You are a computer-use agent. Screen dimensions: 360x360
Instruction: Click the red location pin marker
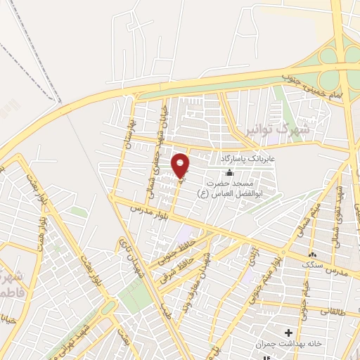coord(181,165)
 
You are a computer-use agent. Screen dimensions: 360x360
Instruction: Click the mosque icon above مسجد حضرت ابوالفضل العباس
coord(230,172)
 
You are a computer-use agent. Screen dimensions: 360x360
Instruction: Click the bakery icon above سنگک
coord(312,254)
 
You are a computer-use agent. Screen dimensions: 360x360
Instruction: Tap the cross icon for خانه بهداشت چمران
coord(288,331)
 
